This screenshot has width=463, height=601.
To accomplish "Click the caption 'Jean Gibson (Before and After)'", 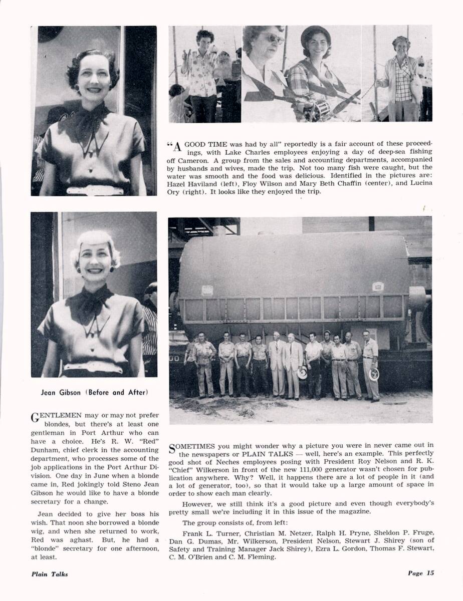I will [95, 392].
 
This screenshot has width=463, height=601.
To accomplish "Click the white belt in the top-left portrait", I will [95, 190].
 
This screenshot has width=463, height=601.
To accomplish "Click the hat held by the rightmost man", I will [374, 374].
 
